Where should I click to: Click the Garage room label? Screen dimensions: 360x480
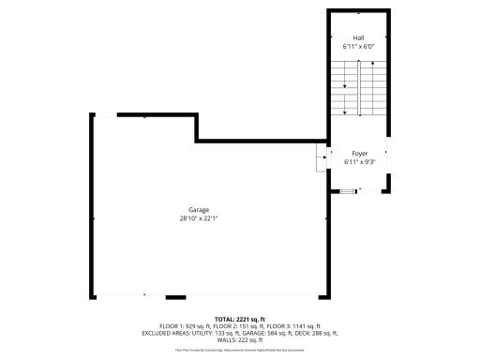[x=198, y=210]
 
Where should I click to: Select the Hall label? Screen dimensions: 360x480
[x=358, y=37]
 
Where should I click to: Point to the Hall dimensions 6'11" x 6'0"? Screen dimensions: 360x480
[x=358, y=46]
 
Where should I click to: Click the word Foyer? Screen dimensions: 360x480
[x=359, y=153]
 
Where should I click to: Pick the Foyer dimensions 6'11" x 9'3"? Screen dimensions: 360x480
[x=359, y=161]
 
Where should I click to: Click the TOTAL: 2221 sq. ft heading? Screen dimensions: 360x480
[x=241, y=319]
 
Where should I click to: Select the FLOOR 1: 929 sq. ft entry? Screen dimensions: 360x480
[x=187, y=325]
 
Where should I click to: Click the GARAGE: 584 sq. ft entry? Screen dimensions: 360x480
[x=262, y=333]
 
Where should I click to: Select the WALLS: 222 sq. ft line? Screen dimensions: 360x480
[x=241, y=339]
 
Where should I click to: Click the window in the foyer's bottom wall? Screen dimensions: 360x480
[x=349, y=190]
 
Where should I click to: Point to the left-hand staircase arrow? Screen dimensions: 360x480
[x=345, y=86]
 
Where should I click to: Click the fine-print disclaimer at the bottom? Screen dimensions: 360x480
[x=240, y=350]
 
